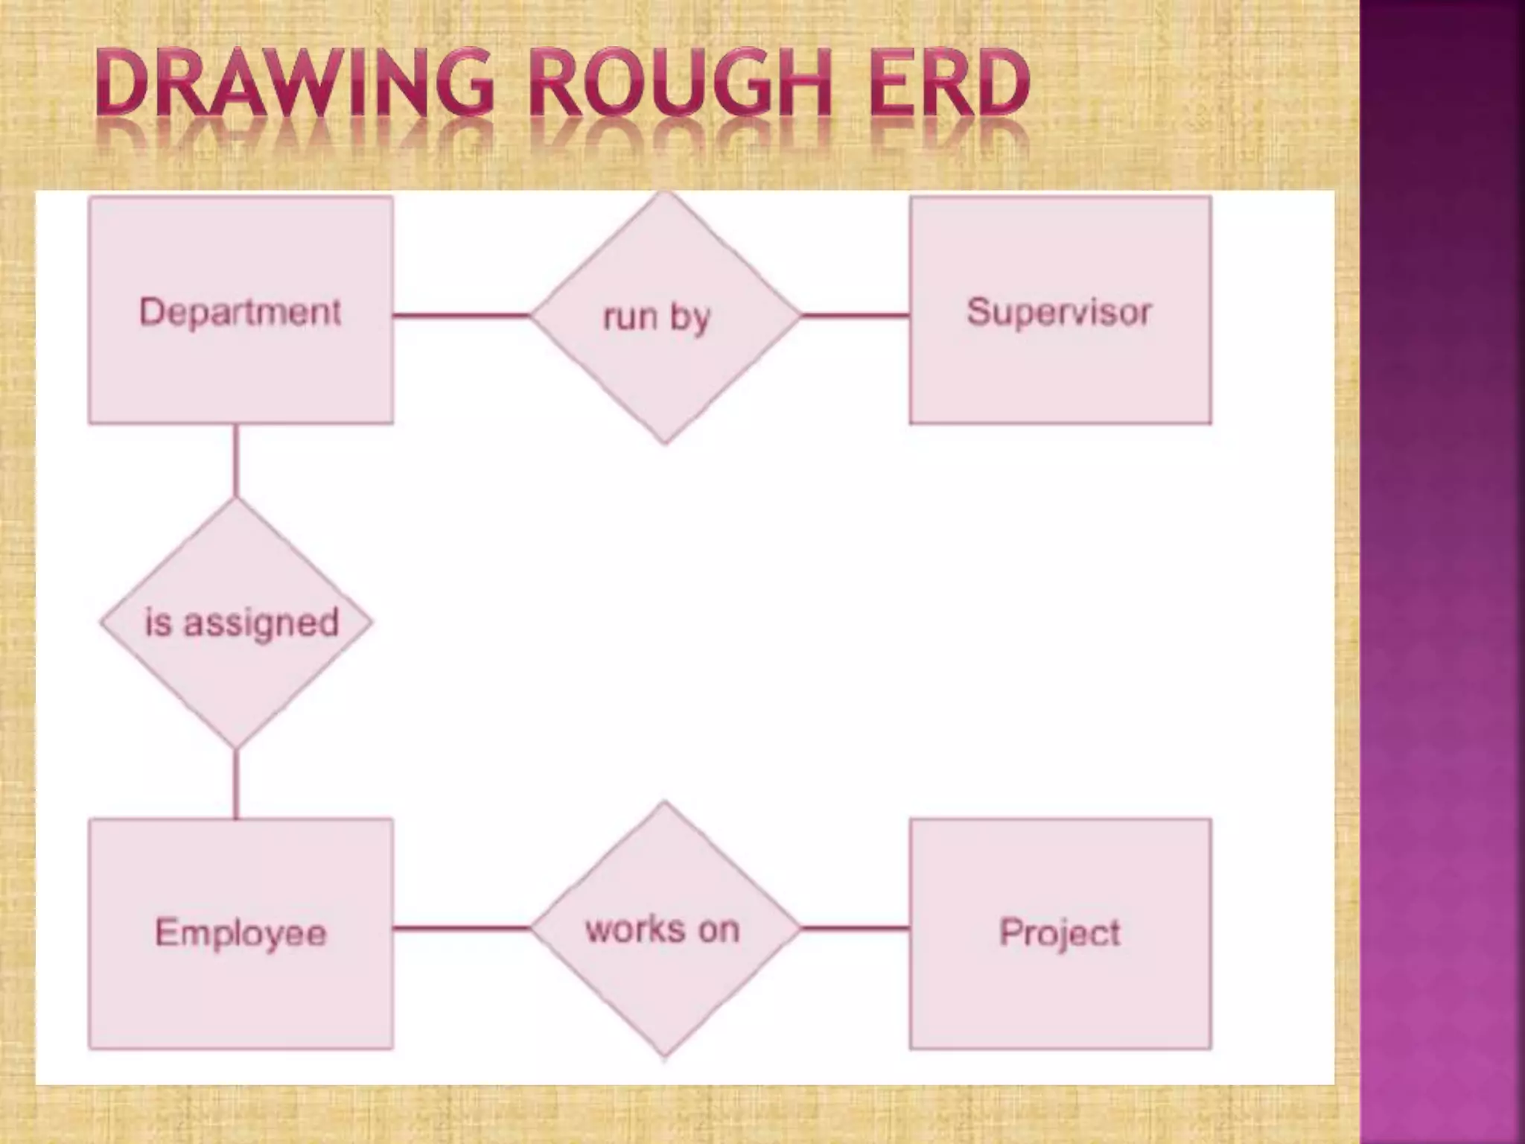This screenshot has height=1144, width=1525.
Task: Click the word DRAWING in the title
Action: tap(295, 83)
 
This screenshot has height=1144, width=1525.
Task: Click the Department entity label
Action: tap(240, 311)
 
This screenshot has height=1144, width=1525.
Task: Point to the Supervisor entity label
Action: tap(1059, 311)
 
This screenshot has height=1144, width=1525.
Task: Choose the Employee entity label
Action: tap(241, 933)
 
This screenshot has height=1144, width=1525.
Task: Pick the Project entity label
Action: tap(1060, 932)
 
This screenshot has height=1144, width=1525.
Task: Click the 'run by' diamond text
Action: tap(657, 317)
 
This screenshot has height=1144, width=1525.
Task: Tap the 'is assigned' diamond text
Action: tap(241, 623)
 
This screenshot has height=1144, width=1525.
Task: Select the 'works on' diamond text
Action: tap(663, 929)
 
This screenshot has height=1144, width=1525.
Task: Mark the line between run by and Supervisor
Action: tap(855, 316)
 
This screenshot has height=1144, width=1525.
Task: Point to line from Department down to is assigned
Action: tap(236, 460)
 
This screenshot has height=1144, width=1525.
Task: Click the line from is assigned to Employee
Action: tap(236, 784)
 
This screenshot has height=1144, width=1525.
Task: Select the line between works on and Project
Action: tap(855, 928)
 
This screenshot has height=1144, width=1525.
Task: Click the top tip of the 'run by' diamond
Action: tap(665, 195)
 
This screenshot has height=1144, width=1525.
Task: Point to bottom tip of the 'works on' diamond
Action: tap(665, 1053)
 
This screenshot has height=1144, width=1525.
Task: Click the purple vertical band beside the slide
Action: tap(1442, 572)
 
